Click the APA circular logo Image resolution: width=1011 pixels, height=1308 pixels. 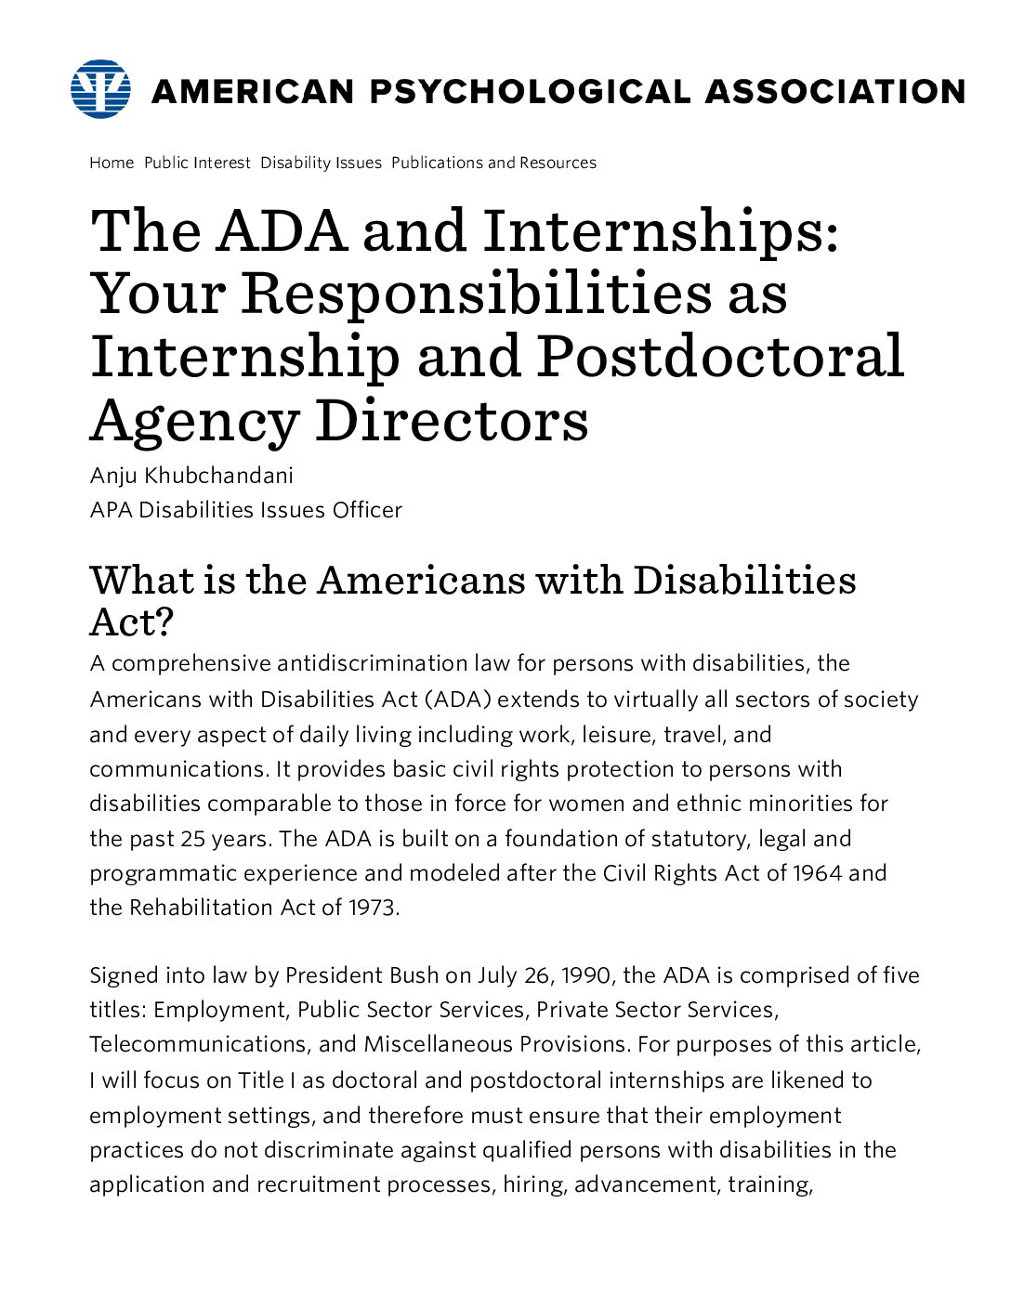100,89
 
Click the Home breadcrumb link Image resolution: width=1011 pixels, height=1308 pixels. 112,163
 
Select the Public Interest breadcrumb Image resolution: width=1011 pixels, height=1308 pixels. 197,163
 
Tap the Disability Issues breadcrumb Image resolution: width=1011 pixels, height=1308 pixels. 321,163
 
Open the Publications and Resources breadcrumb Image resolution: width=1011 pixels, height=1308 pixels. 493,163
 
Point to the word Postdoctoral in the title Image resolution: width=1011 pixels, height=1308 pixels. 720,356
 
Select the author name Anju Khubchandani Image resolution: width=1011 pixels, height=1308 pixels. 191,476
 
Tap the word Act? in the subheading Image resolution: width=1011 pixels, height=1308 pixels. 131,621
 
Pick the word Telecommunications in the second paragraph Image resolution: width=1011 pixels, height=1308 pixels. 197,1044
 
